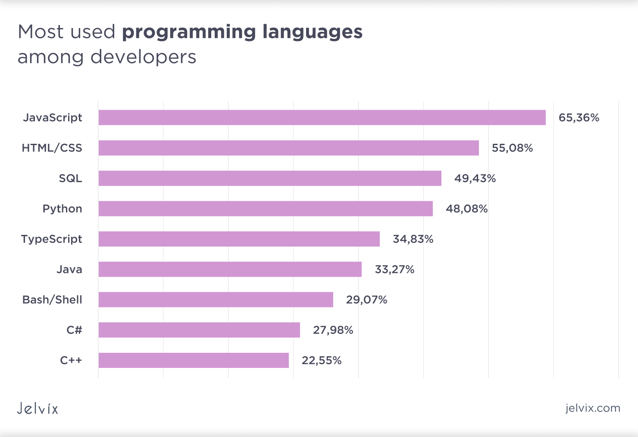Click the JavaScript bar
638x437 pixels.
point(322,117)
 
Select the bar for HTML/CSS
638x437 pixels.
point(288,148)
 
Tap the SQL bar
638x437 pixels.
point(269,178)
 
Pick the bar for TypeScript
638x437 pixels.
point(239,239)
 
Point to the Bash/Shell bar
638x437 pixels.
point(216,300)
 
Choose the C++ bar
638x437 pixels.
point(193,360)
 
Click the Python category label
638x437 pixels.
point(62,209)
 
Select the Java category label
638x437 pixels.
point(69,269)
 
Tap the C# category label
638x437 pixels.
point(74,330)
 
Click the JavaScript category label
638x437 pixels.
point(52,117)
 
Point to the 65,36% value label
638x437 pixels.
point(579,117)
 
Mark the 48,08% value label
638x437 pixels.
point(466,209)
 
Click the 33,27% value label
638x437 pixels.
point(394,269)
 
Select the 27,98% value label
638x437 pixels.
point(333,330)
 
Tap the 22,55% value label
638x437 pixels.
point(322,360)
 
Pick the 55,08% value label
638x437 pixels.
point(512,148)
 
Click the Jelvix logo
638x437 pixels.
point(38,408)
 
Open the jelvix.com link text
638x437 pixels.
point(593,408)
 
